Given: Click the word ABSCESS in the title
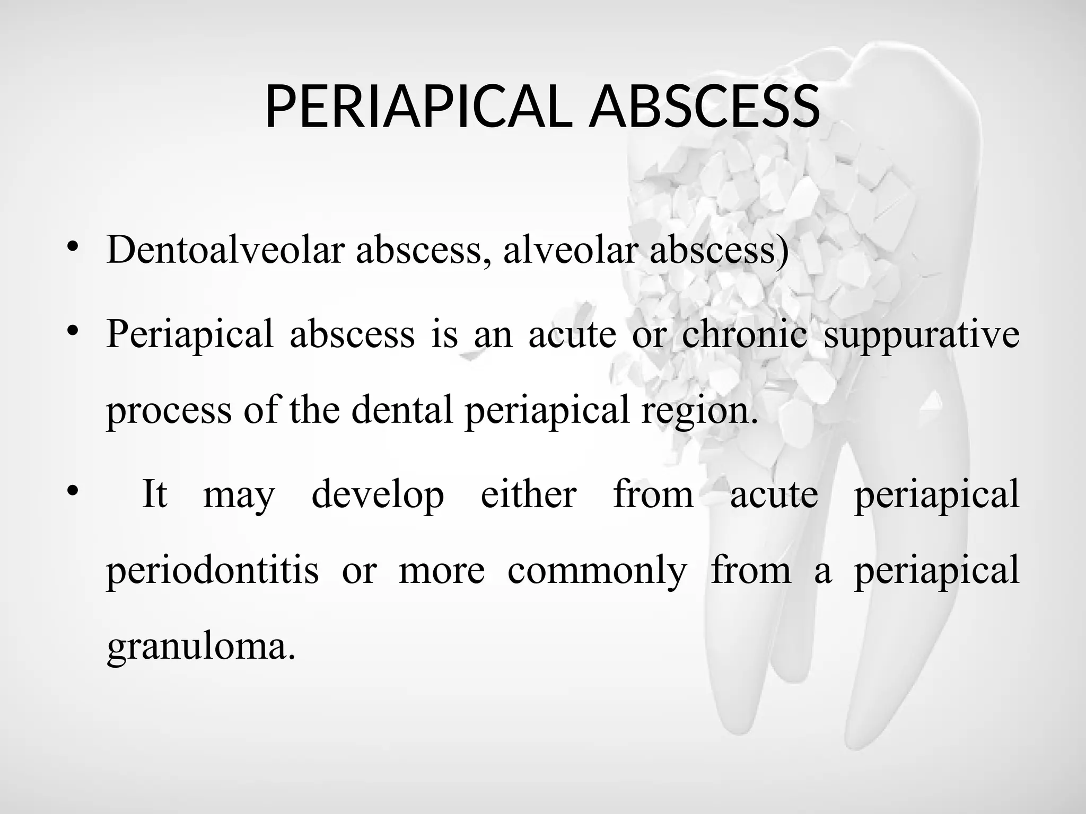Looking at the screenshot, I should [x=705, y=107].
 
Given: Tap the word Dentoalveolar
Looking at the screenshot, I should [x=225, y=249].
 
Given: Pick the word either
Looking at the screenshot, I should [x=528, y=494].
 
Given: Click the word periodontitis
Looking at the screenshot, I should [x=212, y=571].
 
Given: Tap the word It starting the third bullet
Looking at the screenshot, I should [x=154, y=494].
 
